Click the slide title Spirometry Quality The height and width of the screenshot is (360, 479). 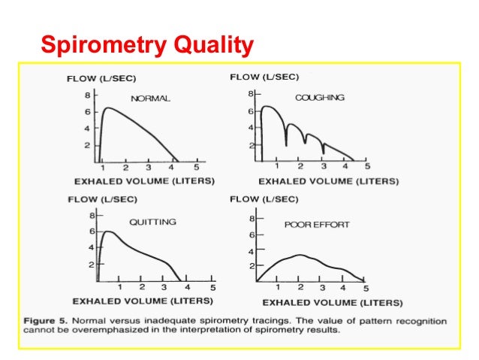[x=146, y=47]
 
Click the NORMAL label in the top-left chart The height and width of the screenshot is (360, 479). [x=151, y=98]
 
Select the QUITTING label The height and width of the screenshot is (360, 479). [x=152, y=222]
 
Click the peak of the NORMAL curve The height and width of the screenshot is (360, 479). [x=107, y=107]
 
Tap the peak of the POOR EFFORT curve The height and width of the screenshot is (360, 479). [x=299, y=255]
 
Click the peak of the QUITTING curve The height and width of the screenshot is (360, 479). [x=110, y=231]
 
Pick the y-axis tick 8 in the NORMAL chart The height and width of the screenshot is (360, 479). [x=87, y=95]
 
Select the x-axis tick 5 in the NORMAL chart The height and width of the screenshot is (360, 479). [x=197, y=167]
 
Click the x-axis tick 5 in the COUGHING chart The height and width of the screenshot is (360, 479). [x=367, y=167]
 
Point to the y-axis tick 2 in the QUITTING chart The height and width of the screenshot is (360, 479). [x=91, y=265]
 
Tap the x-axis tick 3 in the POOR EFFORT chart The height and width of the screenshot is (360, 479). [x=321, y=288]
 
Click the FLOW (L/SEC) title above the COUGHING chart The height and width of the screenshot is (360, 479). [x=264, y=77]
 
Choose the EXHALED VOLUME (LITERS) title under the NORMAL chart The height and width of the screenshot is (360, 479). [x=144, y=181]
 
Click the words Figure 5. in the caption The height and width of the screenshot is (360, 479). [x=46, y=321]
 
